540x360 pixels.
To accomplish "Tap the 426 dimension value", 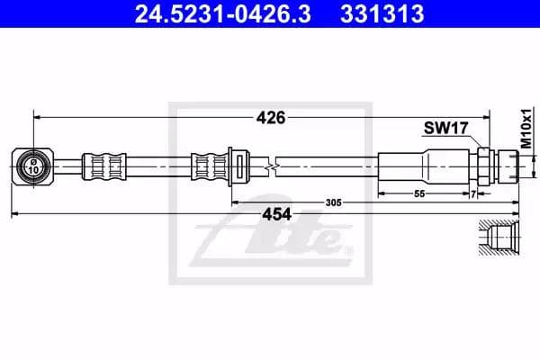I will click(272, 117).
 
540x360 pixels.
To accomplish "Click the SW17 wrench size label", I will click(445, 130).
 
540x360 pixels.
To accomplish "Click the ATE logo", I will click(270, 237).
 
